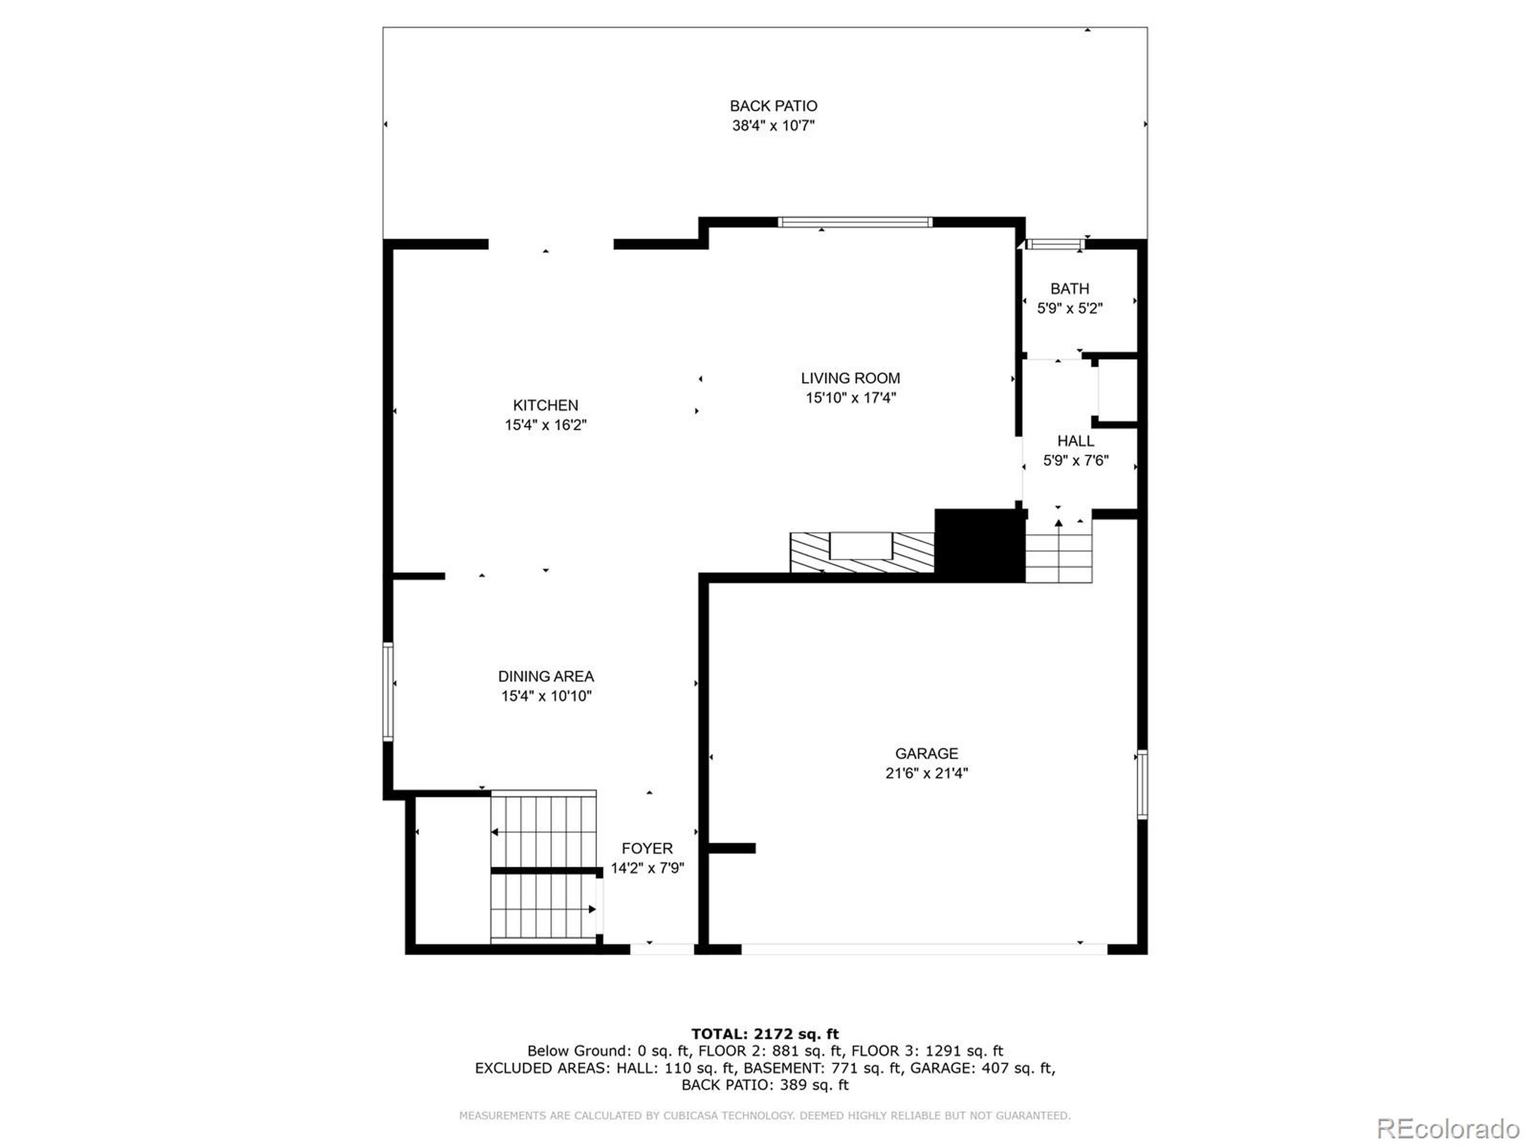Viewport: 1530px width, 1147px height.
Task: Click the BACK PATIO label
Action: click(773, 106)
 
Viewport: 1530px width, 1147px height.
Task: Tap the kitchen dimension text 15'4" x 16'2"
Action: click(546, 425)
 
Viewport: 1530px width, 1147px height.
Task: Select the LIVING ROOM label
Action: click(850, 378)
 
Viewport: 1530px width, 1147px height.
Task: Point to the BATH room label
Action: click(1069, 289)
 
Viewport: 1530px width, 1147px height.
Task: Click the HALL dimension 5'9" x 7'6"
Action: click(1076, 461)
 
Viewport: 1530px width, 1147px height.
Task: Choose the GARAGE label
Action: click(926, 753)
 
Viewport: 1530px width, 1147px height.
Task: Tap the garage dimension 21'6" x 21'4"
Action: click(926, 774)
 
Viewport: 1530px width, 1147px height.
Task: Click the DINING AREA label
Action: click(546, 676)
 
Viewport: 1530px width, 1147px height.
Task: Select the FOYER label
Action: click(647, 848)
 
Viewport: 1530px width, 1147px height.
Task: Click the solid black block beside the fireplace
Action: click(980, 545)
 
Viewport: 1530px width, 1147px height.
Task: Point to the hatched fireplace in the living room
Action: click(862, 553)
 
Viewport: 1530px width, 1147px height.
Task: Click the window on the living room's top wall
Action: click(855, 222)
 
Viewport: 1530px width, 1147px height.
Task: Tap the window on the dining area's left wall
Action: click(388, 692)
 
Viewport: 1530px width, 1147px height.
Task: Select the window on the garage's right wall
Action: click(1142, 785)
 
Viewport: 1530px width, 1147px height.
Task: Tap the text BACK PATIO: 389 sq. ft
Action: click(764, 1085)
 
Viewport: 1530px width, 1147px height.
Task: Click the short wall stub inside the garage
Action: click(732, 848)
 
